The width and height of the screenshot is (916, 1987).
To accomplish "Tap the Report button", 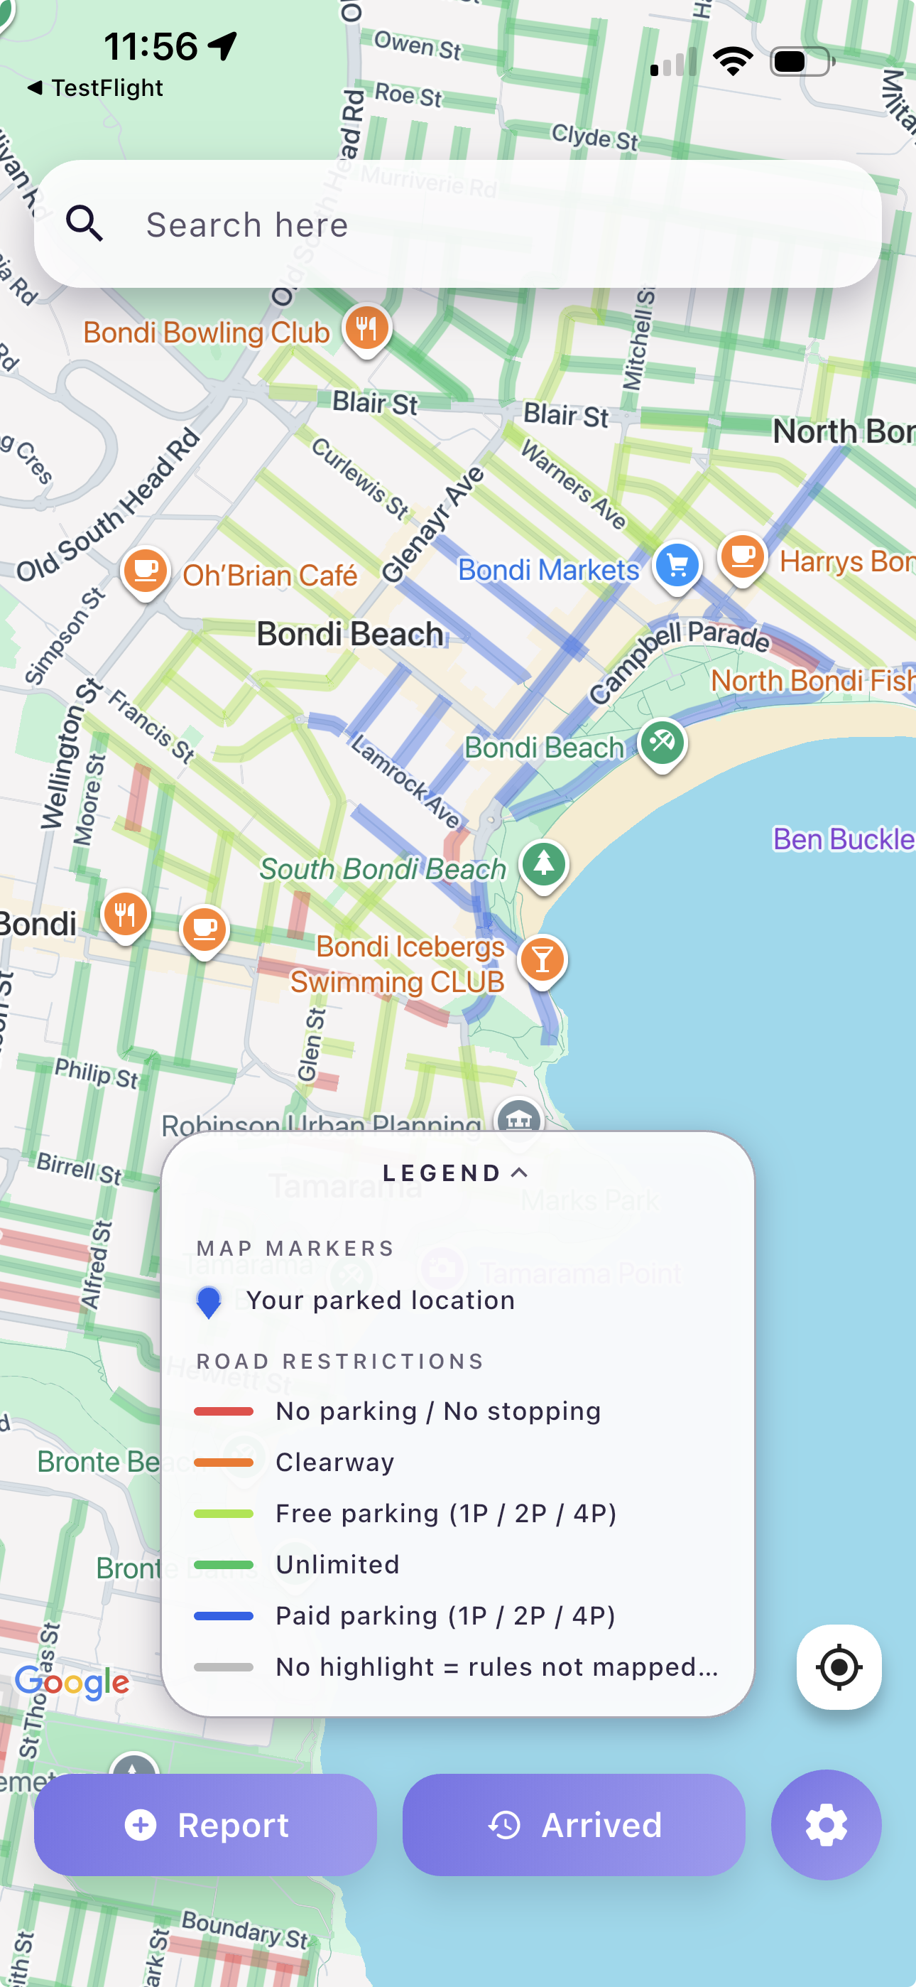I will [x=205, y=1824].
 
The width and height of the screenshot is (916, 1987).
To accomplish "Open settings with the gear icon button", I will [x=826, y=1824].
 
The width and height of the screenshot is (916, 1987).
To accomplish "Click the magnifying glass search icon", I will [x=84, y=224].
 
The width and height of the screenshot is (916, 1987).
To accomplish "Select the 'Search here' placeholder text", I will [x=246, y=225].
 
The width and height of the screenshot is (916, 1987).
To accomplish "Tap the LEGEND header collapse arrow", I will [x=520, y=1173].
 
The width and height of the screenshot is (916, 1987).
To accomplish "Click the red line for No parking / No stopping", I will [x=224, y=1411].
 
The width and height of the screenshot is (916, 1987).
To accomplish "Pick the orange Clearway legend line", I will [x=224, y=1462].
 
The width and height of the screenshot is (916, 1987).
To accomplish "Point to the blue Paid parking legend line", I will [x=224, y=1615].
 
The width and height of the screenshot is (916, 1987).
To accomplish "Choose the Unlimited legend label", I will [x=338, y=1564].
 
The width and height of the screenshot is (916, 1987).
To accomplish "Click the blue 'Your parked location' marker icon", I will [x=209, y=1301].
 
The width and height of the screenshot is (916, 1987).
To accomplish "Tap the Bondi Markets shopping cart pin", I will [x=677, y=566].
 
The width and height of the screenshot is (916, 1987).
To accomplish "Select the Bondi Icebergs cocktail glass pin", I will [x=542, y=959].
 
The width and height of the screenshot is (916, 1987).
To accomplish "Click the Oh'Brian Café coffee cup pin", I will [x=145, y=570].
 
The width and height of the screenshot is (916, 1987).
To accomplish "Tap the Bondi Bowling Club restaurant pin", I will [x=367, y=328].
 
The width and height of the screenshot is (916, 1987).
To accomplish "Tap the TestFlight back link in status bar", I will [x=96, y=88].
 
